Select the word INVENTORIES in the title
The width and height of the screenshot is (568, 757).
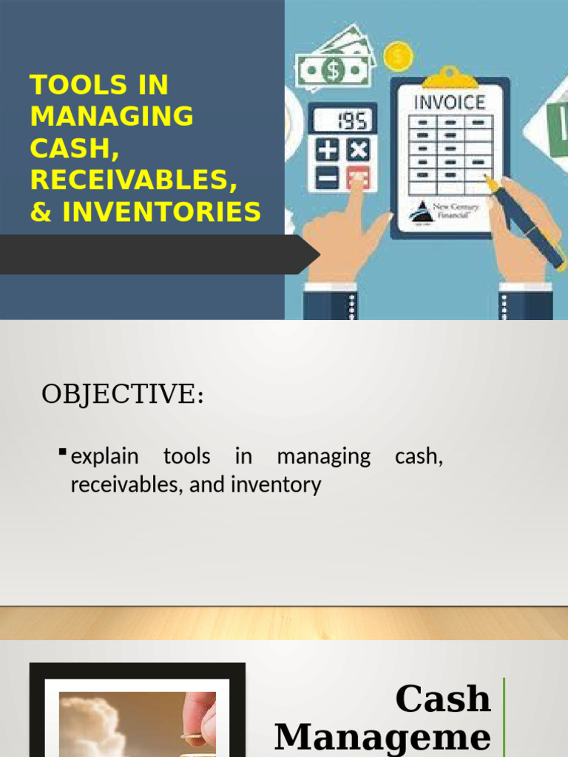pos(161,212)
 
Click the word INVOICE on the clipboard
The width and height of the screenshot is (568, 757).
pos(449,101)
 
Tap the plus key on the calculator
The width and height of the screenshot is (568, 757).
pos(328,150)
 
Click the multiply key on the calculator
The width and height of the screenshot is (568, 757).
pos(359,150)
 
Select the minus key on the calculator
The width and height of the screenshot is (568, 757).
pos(328,178)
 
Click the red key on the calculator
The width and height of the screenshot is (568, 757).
pos(359,178)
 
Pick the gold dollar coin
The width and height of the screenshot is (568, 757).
pos(398,56)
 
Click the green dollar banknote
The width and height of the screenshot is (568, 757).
pos(334,71)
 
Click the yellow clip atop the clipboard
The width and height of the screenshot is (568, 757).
pos(449,77)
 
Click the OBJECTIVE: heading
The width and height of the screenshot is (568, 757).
pos(122,395)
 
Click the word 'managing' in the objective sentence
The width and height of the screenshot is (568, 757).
pos(323,456)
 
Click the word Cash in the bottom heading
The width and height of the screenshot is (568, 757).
pos(443,699)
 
